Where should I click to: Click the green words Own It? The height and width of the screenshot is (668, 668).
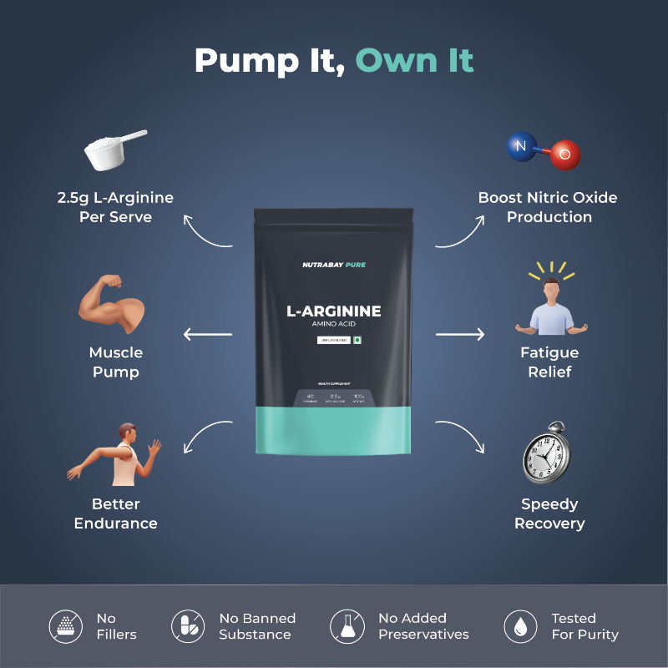tap(414, 60)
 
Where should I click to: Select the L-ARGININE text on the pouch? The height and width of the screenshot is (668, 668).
tap(334, 311)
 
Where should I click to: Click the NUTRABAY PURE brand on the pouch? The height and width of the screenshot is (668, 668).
tap(334, 265)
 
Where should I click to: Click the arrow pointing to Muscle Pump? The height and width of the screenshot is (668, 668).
tap(207, 335)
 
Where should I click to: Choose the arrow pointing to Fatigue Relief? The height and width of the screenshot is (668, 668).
tap(460, 335)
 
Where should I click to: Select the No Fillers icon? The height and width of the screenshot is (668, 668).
tap(65, 626)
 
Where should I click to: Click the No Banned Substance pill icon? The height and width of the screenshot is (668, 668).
tap(187, 626)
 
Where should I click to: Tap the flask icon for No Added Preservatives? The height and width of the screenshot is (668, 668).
tap(347, 626)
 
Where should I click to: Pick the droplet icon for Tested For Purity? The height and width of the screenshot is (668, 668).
tap(520, 626)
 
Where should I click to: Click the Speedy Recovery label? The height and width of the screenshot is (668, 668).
tap(549, 514)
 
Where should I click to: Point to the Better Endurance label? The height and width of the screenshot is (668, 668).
tap(115, 514)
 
